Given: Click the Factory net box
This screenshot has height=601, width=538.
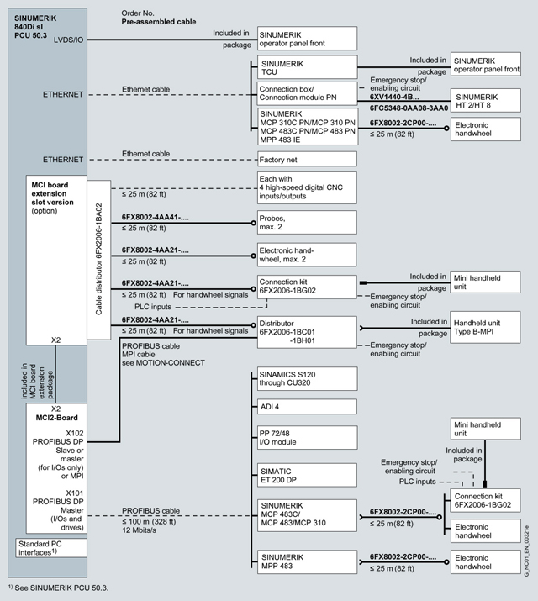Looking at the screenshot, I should [x=308, y=159].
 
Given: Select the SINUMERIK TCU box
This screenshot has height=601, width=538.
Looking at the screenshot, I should [x=308, y=67].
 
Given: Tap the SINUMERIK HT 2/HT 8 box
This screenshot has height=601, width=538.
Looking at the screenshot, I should [x=485, y=100].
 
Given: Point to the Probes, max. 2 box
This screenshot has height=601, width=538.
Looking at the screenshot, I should [x=308, y=223].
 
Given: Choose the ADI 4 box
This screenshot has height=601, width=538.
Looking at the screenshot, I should [x=308, y=407].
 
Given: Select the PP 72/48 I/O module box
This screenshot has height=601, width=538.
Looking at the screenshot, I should [x=308, y=438].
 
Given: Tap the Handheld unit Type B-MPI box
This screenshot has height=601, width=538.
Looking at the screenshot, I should [x=485, y=327].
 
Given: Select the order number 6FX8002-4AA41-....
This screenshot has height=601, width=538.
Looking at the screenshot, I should [x=156, y=217].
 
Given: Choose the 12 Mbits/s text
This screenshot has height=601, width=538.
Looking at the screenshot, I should [x=141, y=531].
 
